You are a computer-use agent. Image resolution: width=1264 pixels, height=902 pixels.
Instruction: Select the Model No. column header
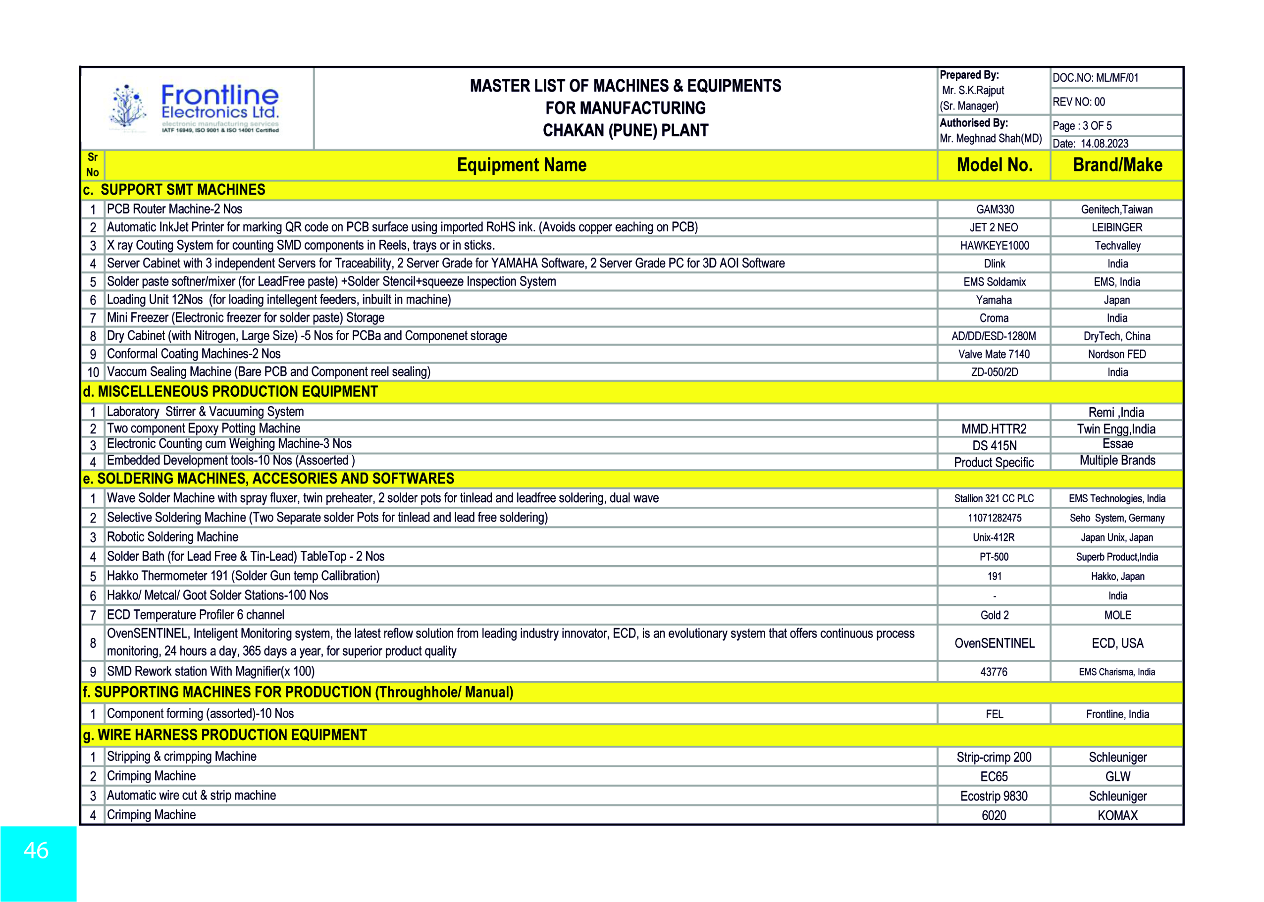point(994,165)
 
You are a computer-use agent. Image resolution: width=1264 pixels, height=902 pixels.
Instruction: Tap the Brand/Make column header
point(1117,165)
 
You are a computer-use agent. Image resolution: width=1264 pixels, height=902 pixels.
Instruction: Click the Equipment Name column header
point(522,165)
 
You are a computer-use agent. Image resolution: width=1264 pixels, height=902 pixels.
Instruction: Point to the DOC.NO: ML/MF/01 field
point(1095,78)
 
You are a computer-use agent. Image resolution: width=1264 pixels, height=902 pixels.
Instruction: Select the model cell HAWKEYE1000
point(994,246)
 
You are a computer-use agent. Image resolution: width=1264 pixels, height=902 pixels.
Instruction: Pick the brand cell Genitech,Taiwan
point(1117,210)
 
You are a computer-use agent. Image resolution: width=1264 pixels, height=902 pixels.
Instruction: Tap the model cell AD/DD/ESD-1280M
point(994,336)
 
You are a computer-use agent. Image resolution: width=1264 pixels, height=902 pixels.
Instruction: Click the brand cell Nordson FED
point(1117,354)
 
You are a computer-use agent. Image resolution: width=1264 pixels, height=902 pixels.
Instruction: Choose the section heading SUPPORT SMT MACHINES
point(183,190)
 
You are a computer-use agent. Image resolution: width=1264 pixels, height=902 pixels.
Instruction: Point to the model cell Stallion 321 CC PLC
point(994,498)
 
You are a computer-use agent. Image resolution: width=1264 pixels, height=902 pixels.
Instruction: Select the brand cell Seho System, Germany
point(1117,518)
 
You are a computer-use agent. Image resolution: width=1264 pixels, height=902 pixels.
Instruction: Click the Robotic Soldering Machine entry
point(173,537)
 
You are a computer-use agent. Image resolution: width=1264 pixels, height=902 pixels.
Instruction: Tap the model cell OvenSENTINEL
point(994,643)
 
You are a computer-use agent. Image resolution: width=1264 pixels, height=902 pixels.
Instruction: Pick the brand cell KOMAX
point(1117,815)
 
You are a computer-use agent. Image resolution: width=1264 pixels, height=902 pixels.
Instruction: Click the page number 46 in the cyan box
point(36,850)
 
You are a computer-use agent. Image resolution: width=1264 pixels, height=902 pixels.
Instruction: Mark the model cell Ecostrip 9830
point(994,796)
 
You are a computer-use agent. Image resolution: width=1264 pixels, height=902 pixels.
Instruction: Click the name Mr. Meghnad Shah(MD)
point(990,138)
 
